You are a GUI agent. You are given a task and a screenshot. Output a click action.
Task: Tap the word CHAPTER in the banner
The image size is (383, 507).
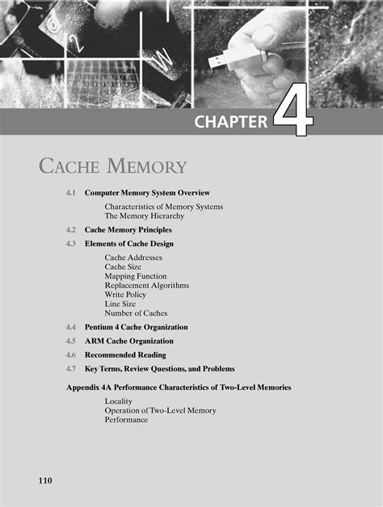[x=231, y=123]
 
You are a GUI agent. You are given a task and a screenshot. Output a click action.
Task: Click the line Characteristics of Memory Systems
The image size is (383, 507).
[x=163, y=207]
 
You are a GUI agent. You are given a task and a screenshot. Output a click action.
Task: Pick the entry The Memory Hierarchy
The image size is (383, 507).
[x=144, y=216]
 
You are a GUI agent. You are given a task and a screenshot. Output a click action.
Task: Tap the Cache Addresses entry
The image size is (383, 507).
[x=133, y=258]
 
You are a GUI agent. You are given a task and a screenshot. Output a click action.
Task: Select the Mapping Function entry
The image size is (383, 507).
[x=136, y=276]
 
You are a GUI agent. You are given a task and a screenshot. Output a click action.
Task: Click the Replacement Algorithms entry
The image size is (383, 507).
[x=146, y=285]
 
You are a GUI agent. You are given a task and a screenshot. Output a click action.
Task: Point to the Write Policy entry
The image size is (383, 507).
[x=125, y=295]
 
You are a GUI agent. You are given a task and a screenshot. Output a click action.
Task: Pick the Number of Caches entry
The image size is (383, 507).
[x=136, y=313]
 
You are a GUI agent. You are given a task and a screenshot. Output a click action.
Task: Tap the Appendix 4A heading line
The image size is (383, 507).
[x=178, y=388]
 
